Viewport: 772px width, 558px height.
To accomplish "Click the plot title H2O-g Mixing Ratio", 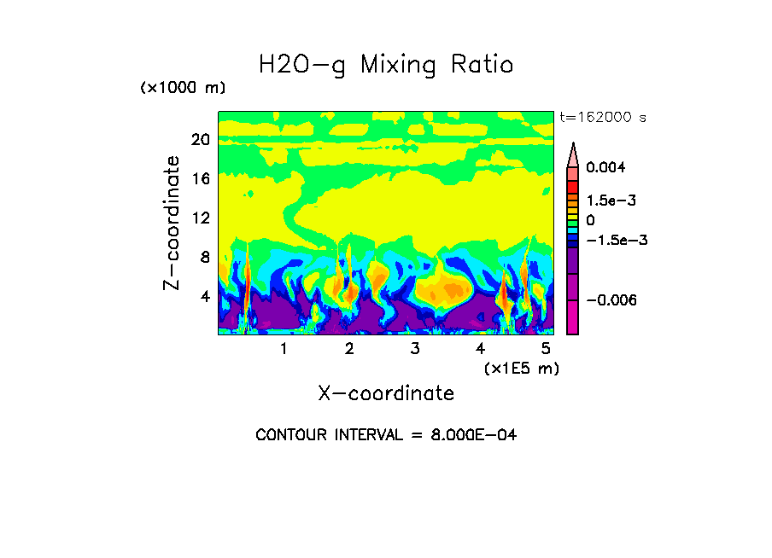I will (386, 65).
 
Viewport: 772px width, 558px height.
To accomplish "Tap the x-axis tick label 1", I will (284, 348).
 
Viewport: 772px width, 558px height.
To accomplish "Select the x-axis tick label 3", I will (414, 348).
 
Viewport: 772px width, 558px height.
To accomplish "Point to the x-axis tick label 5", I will (546, 348).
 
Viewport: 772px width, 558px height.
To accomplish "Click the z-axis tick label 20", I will (200, 140).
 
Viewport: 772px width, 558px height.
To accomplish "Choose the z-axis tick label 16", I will (200, 179).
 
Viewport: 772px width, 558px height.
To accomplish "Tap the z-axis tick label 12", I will (200, 218).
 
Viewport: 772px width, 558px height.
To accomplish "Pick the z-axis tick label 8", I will (204, 258).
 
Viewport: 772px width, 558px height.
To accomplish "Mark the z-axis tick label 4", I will (204, 297).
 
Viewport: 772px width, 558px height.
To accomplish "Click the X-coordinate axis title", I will (386, 393).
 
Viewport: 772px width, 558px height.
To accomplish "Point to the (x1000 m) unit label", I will (183, 89).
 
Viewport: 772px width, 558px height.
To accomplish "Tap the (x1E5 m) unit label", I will (521, 368).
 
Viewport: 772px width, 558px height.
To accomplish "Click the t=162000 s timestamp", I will (601, 117).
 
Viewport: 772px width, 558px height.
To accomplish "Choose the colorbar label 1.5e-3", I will (611, 201).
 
